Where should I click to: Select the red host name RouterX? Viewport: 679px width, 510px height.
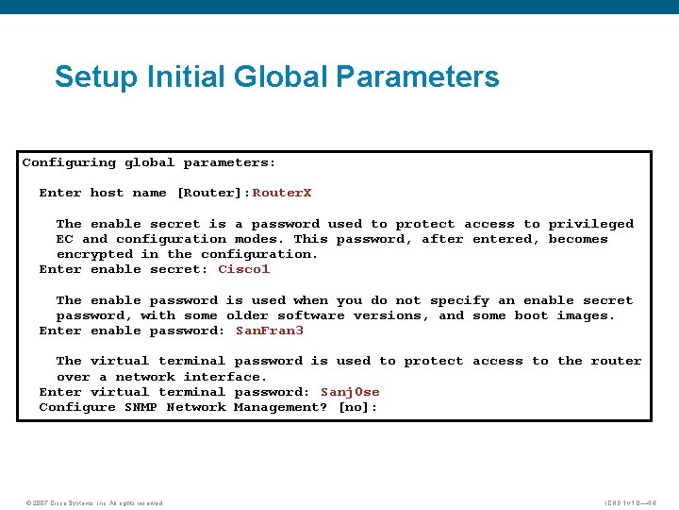pyautogui.click(x=282, y=193)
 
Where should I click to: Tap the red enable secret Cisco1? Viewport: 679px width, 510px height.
pyautogui.click(x=244, y=269)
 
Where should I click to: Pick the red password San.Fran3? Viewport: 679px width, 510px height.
pyautogui.click(x=270, y=331)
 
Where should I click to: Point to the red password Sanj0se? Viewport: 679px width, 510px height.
pyautogui.click(x=350, y=392)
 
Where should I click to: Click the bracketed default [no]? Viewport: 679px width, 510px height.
pyautogui.click(x=358, y=407)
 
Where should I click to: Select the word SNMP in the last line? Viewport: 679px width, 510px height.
pyautogui.click(x=141, y=407)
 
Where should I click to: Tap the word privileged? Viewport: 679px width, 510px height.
pyautogui.click(x=591, y=224)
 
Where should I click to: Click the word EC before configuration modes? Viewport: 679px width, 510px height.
pyautogui.click(x=65, y=239)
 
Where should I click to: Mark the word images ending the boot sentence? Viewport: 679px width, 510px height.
pyautogui.click(x=586, y=315)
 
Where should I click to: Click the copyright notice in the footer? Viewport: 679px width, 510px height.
pyautogui.click(x=93, y=502)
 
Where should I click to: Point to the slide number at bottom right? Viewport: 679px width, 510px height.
pyautogui.click(x=631, y=502)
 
